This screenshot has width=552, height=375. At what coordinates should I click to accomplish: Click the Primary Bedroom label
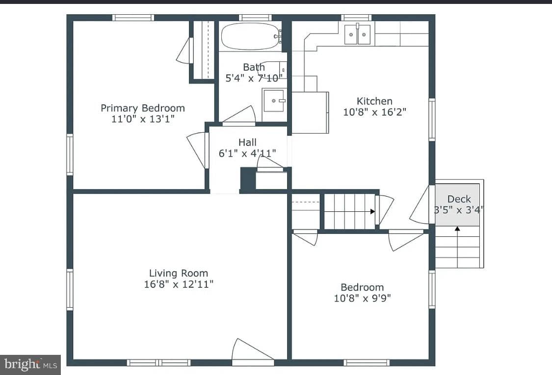click(x=143, y=108)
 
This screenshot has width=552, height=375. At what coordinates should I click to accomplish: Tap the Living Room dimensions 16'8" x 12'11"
click(x=179, y=284)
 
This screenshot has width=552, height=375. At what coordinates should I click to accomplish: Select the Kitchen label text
click(x=374, y=101)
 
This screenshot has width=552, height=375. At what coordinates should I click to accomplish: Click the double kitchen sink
click(x=357, y=34)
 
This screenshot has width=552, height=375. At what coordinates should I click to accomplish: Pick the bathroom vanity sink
click(x=274, y=101)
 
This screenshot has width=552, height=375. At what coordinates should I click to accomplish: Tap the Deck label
click(x=459, y=199)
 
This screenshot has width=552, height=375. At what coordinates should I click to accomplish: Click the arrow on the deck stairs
click(x=457, y=247)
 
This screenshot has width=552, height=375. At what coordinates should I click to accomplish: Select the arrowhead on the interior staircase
click(x=372, y=212)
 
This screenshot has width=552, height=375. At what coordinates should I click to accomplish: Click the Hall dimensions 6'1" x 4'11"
click(x=247, y=153)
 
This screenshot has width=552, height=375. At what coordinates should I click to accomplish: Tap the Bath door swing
click(x=238, y=115)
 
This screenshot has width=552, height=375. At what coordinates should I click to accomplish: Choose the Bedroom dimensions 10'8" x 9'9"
click(x=362, y=298)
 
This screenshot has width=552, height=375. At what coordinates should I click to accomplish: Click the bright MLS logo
click(x=30, y=364)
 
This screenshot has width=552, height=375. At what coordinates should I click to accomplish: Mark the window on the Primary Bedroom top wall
click(x=133, y=18)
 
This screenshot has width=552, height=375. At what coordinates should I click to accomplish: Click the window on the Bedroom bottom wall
click(x=367, y=363)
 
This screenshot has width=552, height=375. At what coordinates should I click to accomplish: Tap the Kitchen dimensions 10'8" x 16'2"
click(x=374, y=112)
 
